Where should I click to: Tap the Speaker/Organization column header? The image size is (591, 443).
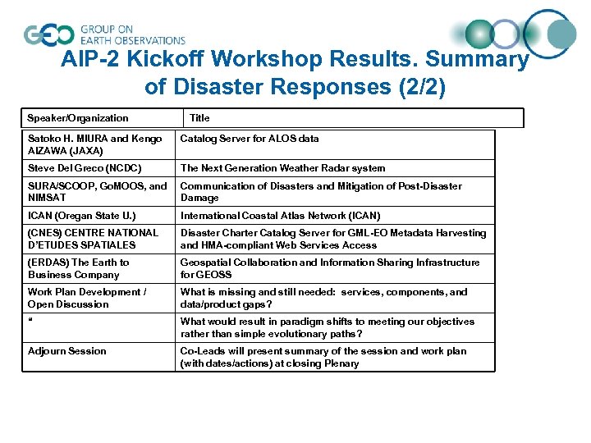(x=78, y=118)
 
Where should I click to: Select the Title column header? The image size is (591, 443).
(x=199, y=118)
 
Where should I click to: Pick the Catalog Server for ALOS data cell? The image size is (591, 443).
(x=250, y=139)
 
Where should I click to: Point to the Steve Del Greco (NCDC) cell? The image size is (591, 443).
(x=85, y=168)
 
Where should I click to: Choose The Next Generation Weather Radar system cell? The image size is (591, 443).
(x=282, y=168)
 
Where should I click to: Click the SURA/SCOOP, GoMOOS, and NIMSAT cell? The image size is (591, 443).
(x=97, y=192)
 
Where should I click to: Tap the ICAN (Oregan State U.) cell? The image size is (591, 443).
(x=81, y=216)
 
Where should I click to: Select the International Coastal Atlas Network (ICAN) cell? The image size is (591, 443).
(x=280, y=216)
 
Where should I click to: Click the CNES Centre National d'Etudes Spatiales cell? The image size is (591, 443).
(x=93, y=239)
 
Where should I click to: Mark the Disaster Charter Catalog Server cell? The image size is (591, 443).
(x=333, y=239)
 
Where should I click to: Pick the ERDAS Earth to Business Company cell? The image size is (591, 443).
(x=78, y=268)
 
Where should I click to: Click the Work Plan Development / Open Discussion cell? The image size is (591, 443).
(x=87, y=298)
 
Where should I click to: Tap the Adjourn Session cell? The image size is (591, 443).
(x=66, y=351)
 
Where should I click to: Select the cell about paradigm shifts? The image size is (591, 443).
(x=327, y=327)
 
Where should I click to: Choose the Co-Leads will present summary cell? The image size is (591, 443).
(x=323, y=357)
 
